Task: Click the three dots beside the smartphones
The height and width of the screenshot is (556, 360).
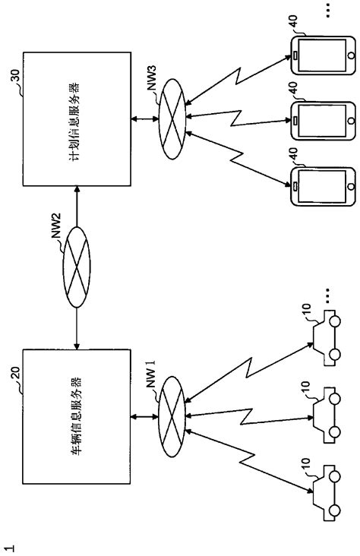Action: tap(327, 11)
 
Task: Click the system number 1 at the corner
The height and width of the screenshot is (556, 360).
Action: tap(9, 544)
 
